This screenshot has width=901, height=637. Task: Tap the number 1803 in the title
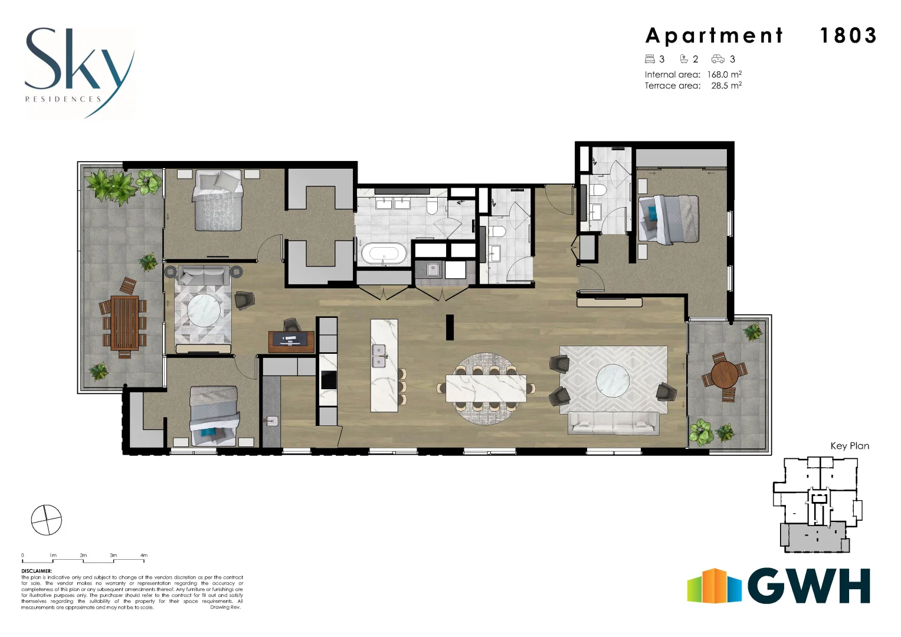(x=848, y=36)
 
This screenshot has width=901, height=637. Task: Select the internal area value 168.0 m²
(x=724, y=75)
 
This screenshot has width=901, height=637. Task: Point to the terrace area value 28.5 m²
(x=726, y=86)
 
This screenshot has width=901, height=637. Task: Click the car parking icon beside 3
(x=717, y=59)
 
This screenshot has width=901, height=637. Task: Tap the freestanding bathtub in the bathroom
(x=384, y=255)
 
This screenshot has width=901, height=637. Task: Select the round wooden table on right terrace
(x=724, y=374)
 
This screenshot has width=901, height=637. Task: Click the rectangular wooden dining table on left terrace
(x=124, y=323)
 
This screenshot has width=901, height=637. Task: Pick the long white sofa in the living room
(x=614, y=423)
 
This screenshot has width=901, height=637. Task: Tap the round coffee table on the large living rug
(x=612, y=379)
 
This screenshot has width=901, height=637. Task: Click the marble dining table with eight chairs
(x=486, y=388)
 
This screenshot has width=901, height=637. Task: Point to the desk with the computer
(x=291, y=341)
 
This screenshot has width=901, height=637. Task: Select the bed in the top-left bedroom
(x=218, y=202)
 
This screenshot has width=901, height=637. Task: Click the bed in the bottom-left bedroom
(x=214, y=416)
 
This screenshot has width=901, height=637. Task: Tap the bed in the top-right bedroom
(x=669, y=219)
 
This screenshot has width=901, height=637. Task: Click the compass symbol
(x=46, y=520)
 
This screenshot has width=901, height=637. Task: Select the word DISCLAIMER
(x=37, y=571)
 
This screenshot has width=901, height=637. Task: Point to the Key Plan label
(x=849, y=446)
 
